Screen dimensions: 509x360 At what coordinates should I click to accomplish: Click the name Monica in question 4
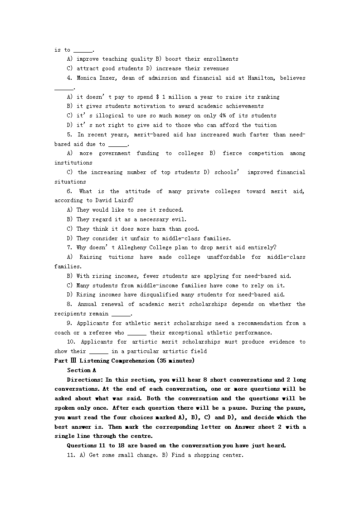(86, 78)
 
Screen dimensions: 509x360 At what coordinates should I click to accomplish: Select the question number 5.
(69, 135)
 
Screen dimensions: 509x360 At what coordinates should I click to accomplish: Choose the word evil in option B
(180, 219)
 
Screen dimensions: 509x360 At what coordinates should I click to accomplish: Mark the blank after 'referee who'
(137, 333)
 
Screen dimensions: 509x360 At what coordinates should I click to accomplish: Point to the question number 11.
(70, 455)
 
